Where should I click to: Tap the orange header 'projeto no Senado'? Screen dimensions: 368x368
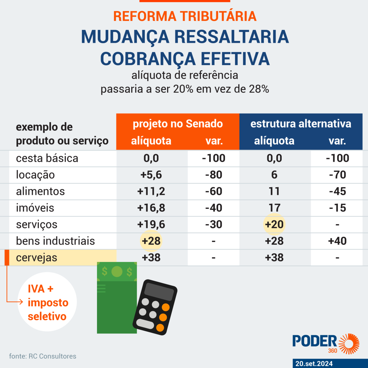tap(178, 124)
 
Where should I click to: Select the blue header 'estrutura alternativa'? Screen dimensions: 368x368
tap(300, 124)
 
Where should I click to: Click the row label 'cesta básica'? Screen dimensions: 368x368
tap(47, 158)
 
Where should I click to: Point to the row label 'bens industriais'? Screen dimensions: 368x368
tap(55, 241)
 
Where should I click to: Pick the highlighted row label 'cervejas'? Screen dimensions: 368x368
tap(37, 258)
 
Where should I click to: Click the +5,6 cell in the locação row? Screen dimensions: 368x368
tap(151, 175)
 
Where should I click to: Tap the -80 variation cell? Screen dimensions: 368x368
tap(213, 175)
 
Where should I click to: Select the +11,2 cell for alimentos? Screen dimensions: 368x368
tap(151, 191)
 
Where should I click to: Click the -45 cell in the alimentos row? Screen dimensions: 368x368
tap(337, 191)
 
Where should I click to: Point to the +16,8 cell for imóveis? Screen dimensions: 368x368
tap(151, 208)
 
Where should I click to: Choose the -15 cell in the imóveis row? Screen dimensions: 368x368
tap(337, 208)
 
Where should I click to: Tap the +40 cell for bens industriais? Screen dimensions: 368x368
tap(337, 241)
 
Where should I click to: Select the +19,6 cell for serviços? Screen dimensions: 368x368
tap(151, 225)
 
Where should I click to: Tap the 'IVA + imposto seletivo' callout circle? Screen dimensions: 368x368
tap(47, 302)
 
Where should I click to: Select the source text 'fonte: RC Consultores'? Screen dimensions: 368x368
tap(43, 356)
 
